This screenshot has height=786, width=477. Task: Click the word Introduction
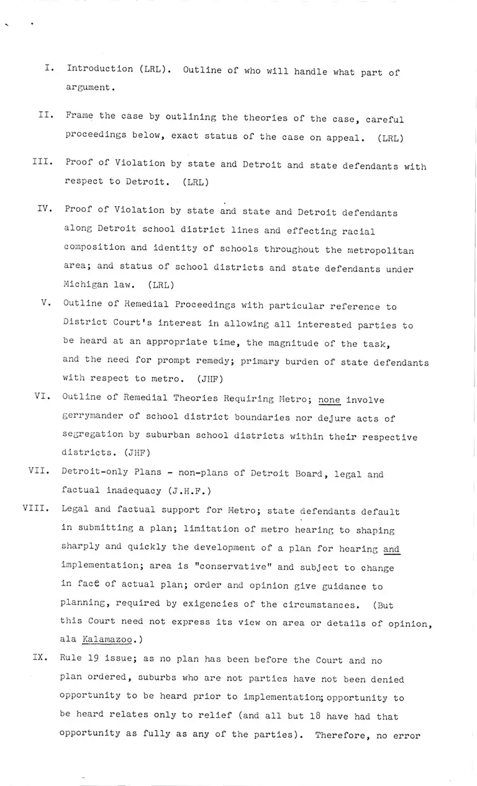(100, 69)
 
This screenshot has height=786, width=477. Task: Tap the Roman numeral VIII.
(35, 508)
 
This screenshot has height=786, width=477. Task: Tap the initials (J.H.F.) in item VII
(189, 491)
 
